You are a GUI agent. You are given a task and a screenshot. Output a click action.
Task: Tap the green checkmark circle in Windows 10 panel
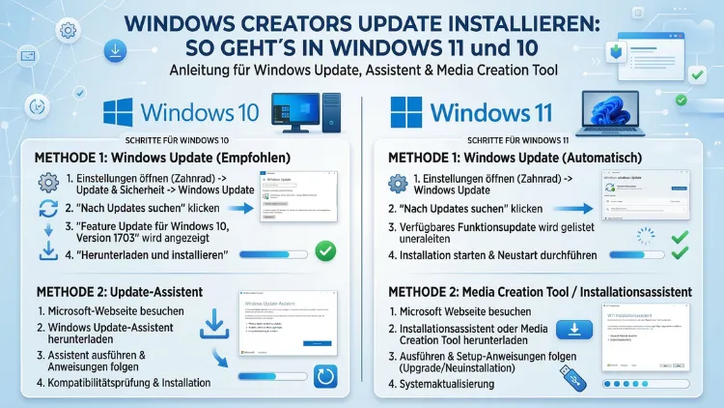pyautogui.click(x=326, y=251)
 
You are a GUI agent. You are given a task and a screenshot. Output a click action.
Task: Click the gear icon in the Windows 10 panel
pyautogui.click(x=48, y=183)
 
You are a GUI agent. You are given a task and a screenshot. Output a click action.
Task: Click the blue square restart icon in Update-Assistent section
pyautogui.click(x=325, y=375)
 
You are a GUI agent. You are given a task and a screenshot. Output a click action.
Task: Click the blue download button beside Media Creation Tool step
pyautogui.click(x=575, y=331)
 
